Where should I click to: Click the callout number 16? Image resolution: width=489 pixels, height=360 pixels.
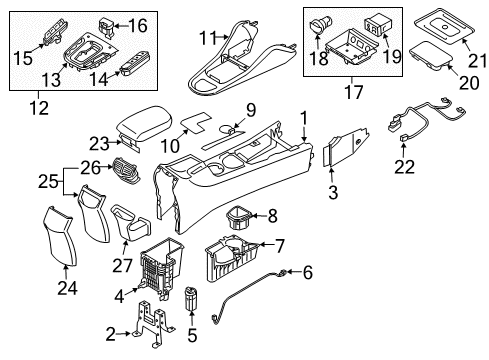pos(138,25)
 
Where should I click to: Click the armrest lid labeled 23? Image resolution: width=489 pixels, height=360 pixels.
pos(145,126)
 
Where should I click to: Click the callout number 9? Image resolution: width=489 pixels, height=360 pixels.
pos(251,108)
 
